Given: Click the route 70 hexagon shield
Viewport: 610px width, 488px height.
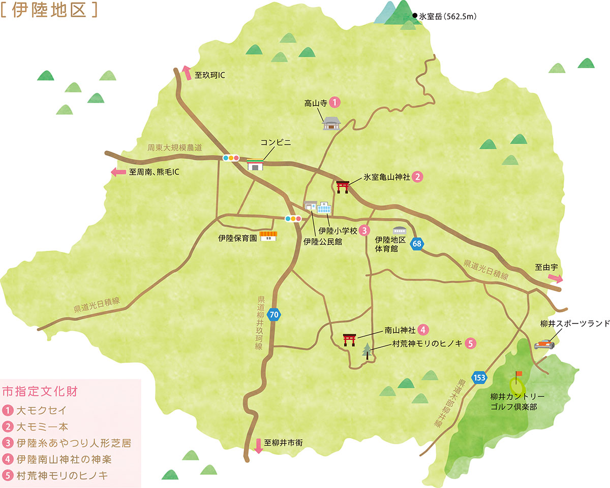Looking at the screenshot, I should pos(274,315).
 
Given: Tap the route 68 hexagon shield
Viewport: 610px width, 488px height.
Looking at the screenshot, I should pos(417,244).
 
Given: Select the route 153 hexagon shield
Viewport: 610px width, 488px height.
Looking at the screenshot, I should pos(479,377).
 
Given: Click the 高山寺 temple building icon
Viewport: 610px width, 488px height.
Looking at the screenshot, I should pos(331,123).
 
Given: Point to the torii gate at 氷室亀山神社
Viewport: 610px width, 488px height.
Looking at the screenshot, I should pos(343,186).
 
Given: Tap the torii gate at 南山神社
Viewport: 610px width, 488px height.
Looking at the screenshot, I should pos(349,339).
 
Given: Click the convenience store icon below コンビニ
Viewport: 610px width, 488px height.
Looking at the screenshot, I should pos(255,165).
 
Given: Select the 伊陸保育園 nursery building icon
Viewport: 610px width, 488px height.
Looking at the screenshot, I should pos(268,236).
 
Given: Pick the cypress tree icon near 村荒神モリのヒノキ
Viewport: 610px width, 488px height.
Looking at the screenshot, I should pos(367,351).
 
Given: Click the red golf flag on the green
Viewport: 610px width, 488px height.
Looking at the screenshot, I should pos(518,375).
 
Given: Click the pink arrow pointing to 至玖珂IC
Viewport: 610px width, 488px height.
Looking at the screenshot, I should pos(187,73).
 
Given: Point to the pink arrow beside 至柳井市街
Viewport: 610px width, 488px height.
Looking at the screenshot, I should pos(258,445).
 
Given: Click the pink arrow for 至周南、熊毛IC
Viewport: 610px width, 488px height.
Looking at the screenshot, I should pos(118,172).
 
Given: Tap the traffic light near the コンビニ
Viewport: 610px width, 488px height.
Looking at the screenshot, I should pos(231,158).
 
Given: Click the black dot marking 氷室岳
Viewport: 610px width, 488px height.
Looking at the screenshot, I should pos(415,16).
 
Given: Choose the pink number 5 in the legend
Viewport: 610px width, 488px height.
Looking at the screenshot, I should pos(9,475).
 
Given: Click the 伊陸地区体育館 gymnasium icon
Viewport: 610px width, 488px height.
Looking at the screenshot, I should pos(399,231).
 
